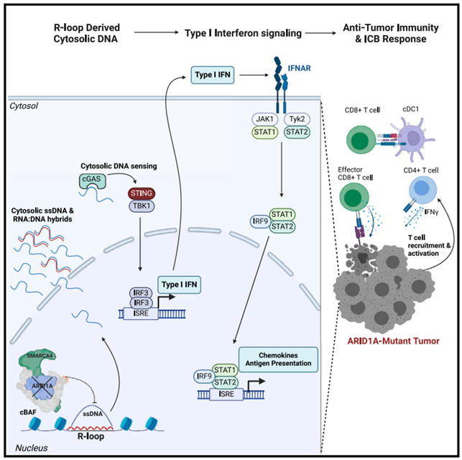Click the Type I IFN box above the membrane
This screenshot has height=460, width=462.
[213, 74]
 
